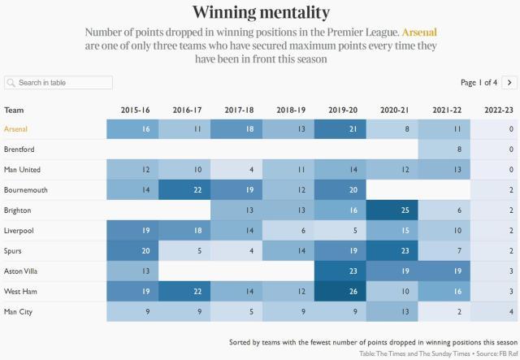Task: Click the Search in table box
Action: pyautogui.click(x=58, y=83)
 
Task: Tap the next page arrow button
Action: pyautogui.click(x=509, y=82)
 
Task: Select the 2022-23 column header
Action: pyautogui.click(x=496, y=110)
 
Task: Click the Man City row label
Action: pyautogui.click(x=20, y=311)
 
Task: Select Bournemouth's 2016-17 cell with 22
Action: pyautogui.click(x=184, y=189)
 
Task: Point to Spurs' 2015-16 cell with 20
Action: pyautogui.click(x=132, y=250)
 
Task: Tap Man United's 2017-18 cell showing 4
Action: pyautogui.click(x=236, y=170)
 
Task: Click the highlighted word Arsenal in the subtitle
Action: pyautogui.click(x=419, y=33)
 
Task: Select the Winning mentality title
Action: pyautogui.click(x=261, y=12)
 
